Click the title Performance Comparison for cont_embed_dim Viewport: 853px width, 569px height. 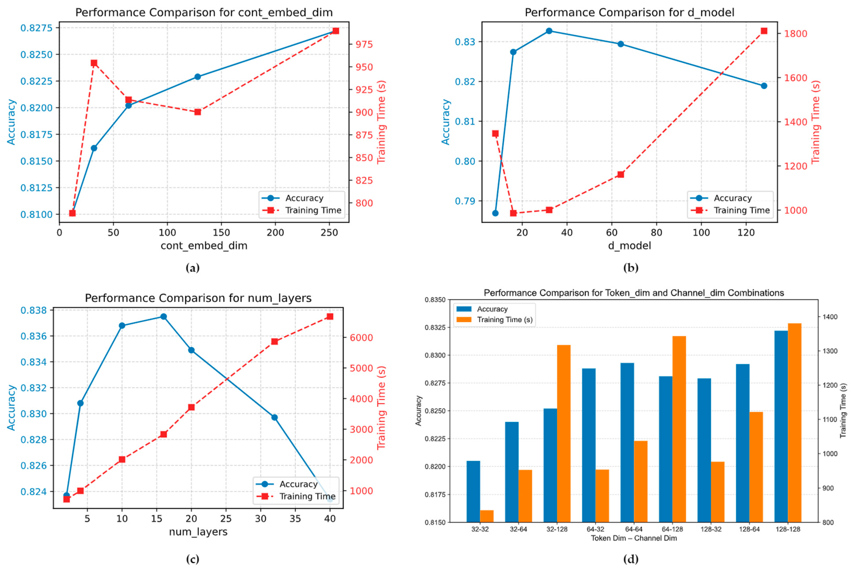tap(204, 13)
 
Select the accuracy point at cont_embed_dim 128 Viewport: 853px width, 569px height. tap(197, 77)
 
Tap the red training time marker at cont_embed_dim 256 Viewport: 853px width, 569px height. tap(336, 31)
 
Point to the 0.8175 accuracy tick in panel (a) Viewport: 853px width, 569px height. tap(36, 135)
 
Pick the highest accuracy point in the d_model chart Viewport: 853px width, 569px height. tap(549, 31)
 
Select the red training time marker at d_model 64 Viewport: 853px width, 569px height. tap(620, 174)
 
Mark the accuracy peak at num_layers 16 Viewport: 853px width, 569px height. tap(164, 316)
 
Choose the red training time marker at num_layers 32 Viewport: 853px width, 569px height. tap(274, 341)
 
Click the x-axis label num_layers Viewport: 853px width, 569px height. tap(198, 532)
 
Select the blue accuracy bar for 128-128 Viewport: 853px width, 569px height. tap(781, 426)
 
